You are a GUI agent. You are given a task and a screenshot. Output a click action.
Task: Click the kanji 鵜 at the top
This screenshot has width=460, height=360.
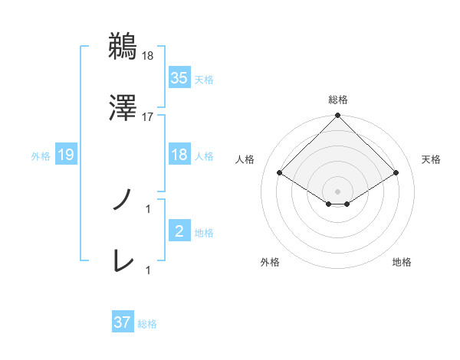click(x=123, y=47)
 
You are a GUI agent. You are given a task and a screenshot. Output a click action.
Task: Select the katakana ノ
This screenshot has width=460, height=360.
click(x=123, y=201)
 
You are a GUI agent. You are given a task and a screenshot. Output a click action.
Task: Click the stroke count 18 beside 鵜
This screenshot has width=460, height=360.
click(x=147, y=56)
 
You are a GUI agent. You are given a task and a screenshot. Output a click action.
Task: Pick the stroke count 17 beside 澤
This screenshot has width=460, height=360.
click(x=147, y=116)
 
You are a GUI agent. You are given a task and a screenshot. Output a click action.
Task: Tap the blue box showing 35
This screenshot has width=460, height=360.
click(x=179, y=78)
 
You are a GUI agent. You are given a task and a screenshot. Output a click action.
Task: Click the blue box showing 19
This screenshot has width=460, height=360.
click(x=66, y=155)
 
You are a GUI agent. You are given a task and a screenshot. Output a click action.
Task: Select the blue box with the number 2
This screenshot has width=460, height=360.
click(x=179, y=231)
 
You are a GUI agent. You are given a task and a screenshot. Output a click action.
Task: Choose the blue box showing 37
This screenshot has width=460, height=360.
click(x=122, y=322)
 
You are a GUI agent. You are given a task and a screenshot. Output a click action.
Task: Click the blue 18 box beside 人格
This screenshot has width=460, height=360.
click(x=179, y=155)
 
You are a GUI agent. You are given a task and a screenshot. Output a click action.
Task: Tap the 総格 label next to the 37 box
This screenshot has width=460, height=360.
click(x=147, y=324)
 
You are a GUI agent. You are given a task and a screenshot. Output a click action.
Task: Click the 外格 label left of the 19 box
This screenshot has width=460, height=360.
click(x=41, y=156)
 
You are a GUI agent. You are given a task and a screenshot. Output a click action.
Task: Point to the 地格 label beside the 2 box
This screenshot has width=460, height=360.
click(x=204, y=233)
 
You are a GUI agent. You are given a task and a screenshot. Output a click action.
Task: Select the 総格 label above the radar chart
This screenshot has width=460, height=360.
click(x=337, y=100)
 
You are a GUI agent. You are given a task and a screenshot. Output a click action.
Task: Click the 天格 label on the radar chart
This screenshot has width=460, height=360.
click(x=432, y=159)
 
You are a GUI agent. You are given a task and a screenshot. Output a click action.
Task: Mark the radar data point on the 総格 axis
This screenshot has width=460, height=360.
click(x=337, y=116)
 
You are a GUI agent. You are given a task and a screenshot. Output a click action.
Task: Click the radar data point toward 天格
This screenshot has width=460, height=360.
click(x=396, y=172)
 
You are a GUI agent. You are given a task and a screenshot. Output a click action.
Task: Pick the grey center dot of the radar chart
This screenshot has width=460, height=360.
click(x=337, y=191)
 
